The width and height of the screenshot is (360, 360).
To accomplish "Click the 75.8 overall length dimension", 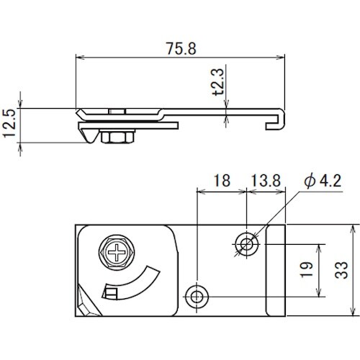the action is coord(181,49).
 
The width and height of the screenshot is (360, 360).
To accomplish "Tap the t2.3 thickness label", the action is coord(218,81).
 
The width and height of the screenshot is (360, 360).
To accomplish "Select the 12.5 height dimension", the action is coord(10,123).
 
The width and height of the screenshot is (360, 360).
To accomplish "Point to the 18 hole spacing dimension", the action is coord(222,181).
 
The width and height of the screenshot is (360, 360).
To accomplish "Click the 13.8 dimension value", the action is coord(266,181).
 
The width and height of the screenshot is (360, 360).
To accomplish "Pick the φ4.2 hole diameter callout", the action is coord(323,181).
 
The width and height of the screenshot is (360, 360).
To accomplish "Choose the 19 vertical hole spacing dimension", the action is coord(307,269).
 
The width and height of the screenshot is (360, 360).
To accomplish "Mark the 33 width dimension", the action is coord(341,270).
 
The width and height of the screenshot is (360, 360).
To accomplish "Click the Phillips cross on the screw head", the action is coord(117,252).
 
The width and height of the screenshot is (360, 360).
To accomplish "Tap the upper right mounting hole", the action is coord(247,244).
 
